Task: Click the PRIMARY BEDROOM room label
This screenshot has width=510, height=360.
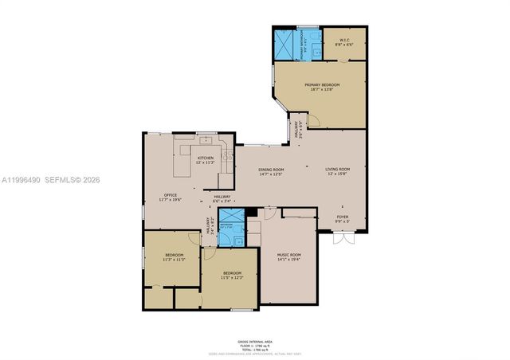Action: coord(321,86)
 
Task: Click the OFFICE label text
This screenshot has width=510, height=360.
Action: coord(171,197)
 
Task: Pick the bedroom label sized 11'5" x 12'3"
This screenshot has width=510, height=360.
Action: coord(231,276)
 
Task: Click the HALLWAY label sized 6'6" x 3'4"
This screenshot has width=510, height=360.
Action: coord(222,199)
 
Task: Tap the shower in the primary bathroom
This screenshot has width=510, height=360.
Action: coord(284,43)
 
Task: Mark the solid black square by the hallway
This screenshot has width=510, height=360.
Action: coord(251,213)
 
